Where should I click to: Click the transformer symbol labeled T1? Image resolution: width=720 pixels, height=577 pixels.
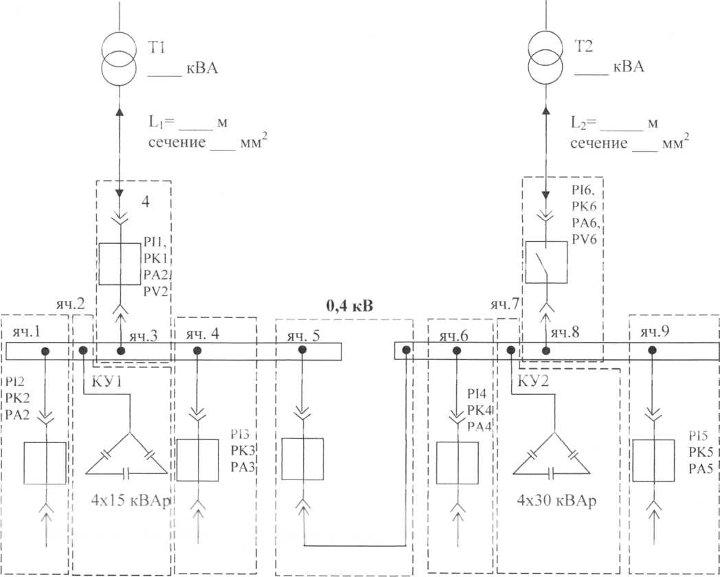point(119,58)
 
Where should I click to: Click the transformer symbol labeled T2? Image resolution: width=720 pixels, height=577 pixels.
point(546,58)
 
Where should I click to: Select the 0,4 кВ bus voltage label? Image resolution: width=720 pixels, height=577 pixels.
point(350,306)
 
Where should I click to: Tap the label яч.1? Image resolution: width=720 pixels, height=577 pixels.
point(26,332)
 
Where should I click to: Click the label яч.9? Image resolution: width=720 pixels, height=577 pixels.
point(655,332)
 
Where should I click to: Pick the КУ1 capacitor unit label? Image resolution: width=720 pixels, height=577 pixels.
point(107,381)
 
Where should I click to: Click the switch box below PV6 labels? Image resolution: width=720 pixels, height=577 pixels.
point(546,262)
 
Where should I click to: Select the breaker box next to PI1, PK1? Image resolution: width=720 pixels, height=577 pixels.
point(120,264)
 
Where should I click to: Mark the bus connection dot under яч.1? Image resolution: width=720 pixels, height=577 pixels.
point(45,351)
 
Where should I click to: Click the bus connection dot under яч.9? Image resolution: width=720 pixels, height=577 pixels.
point(651,351)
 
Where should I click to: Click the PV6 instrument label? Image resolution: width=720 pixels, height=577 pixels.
point(583,239)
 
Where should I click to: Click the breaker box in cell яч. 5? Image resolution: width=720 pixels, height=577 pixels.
point(302,459)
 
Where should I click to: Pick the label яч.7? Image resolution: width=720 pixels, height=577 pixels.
point(505,305)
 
